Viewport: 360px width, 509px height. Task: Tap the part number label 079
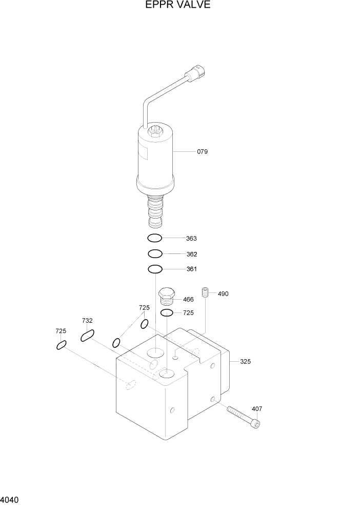(x=202, y=152)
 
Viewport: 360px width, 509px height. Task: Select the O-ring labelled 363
(x=155, y=238)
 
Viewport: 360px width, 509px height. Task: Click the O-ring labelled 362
(x=155, y=253)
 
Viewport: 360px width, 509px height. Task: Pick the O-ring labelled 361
(x=155, y=269)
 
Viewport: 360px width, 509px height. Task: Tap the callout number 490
(x=223, y=294)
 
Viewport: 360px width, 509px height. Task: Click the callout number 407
(x=257, y=409)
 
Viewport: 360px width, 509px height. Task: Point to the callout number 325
(x=246, y=362)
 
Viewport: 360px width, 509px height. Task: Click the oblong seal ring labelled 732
(x=87, y=336)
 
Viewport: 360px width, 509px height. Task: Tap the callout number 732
(x=87, y=321)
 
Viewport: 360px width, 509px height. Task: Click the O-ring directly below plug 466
(x=167, y=312)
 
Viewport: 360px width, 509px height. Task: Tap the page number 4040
(x=10, y=499)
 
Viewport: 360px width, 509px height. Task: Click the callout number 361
(x=192, y=269)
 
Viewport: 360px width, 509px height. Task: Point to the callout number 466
(x=188, y=299)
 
